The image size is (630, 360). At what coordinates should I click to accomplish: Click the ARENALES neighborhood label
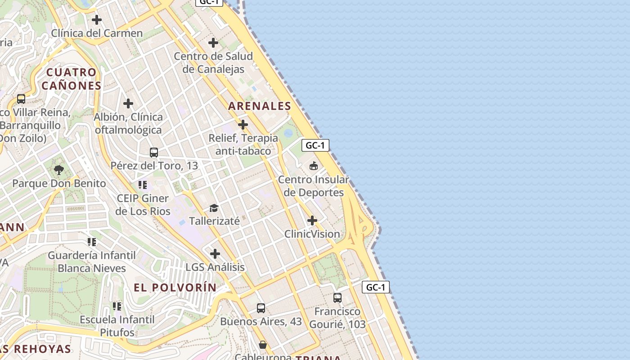(260, 106)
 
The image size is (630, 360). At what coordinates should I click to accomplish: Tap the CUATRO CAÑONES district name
(71, 79)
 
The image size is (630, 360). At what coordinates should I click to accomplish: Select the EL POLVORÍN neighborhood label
(175, 288)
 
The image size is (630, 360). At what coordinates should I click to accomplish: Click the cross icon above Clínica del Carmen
(97, 20)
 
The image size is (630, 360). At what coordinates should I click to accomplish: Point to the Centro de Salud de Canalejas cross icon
(213, 43)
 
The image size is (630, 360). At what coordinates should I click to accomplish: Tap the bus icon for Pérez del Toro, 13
(154, 152)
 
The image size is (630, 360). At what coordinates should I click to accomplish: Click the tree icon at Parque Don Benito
(58, 170)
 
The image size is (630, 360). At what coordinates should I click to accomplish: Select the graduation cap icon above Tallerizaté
(214, 208)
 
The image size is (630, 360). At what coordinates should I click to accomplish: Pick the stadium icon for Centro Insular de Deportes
(313, 166)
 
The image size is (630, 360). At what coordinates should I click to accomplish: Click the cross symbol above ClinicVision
(312, 220)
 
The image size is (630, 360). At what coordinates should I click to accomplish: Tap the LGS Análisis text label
(215, 267)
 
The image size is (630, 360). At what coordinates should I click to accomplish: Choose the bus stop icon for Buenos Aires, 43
(261, 308)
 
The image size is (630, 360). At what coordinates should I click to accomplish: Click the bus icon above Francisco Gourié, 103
(337, 297)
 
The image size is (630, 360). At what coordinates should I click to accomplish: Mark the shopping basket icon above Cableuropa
(263, 345)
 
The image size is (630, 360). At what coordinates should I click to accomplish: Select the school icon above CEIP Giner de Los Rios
(143, 184)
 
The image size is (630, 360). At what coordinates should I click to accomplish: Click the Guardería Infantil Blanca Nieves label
(92, 262)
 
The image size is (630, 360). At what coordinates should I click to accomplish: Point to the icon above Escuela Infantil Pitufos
(117, 306)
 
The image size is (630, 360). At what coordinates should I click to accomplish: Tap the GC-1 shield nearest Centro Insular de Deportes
(315, 145)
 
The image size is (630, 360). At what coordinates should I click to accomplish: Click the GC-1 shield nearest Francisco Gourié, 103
(375, 287)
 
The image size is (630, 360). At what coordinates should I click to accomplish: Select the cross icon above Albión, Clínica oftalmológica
(128, 103)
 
